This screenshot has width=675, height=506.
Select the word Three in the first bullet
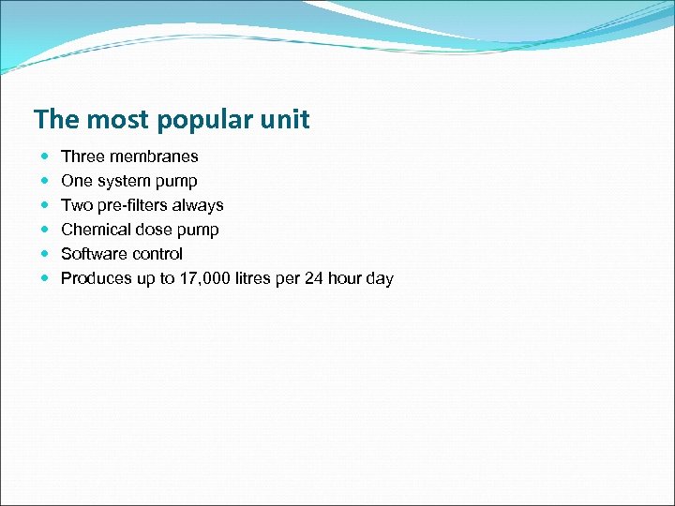coord(82,156)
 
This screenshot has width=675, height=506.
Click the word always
coord(198,205)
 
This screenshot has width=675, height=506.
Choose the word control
coord(157,254)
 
